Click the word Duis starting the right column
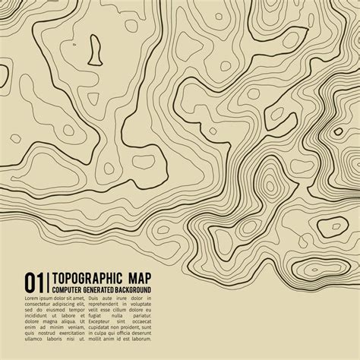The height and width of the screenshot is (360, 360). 93,298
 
